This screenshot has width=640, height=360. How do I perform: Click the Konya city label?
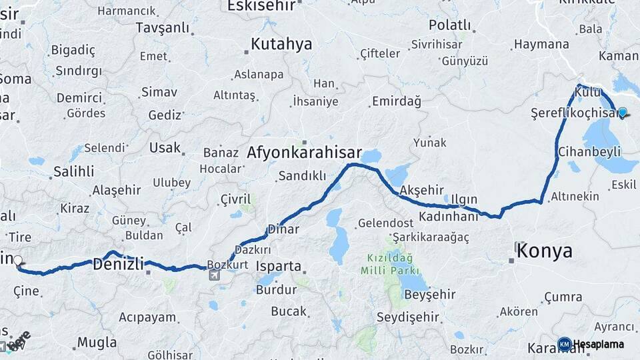point(545,251)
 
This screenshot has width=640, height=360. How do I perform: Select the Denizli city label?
point(119,264)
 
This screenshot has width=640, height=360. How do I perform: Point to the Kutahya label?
point(281,45)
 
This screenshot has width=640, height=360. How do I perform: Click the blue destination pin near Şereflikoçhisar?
point(623,113)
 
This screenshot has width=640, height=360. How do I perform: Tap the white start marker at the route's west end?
point(18,261)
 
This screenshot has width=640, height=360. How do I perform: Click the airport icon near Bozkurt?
point(213,275)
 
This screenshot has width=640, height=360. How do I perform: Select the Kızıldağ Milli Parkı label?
point(389,264)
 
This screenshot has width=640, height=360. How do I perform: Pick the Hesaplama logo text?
point(598,344)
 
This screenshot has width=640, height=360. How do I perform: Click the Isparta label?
point(279,266)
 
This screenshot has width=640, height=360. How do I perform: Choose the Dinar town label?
point(283,229)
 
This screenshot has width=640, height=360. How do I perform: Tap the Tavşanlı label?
point(162,27)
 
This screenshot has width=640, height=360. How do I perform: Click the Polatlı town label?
point(449,25)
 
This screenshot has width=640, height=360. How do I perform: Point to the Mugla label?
point(97,343)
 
